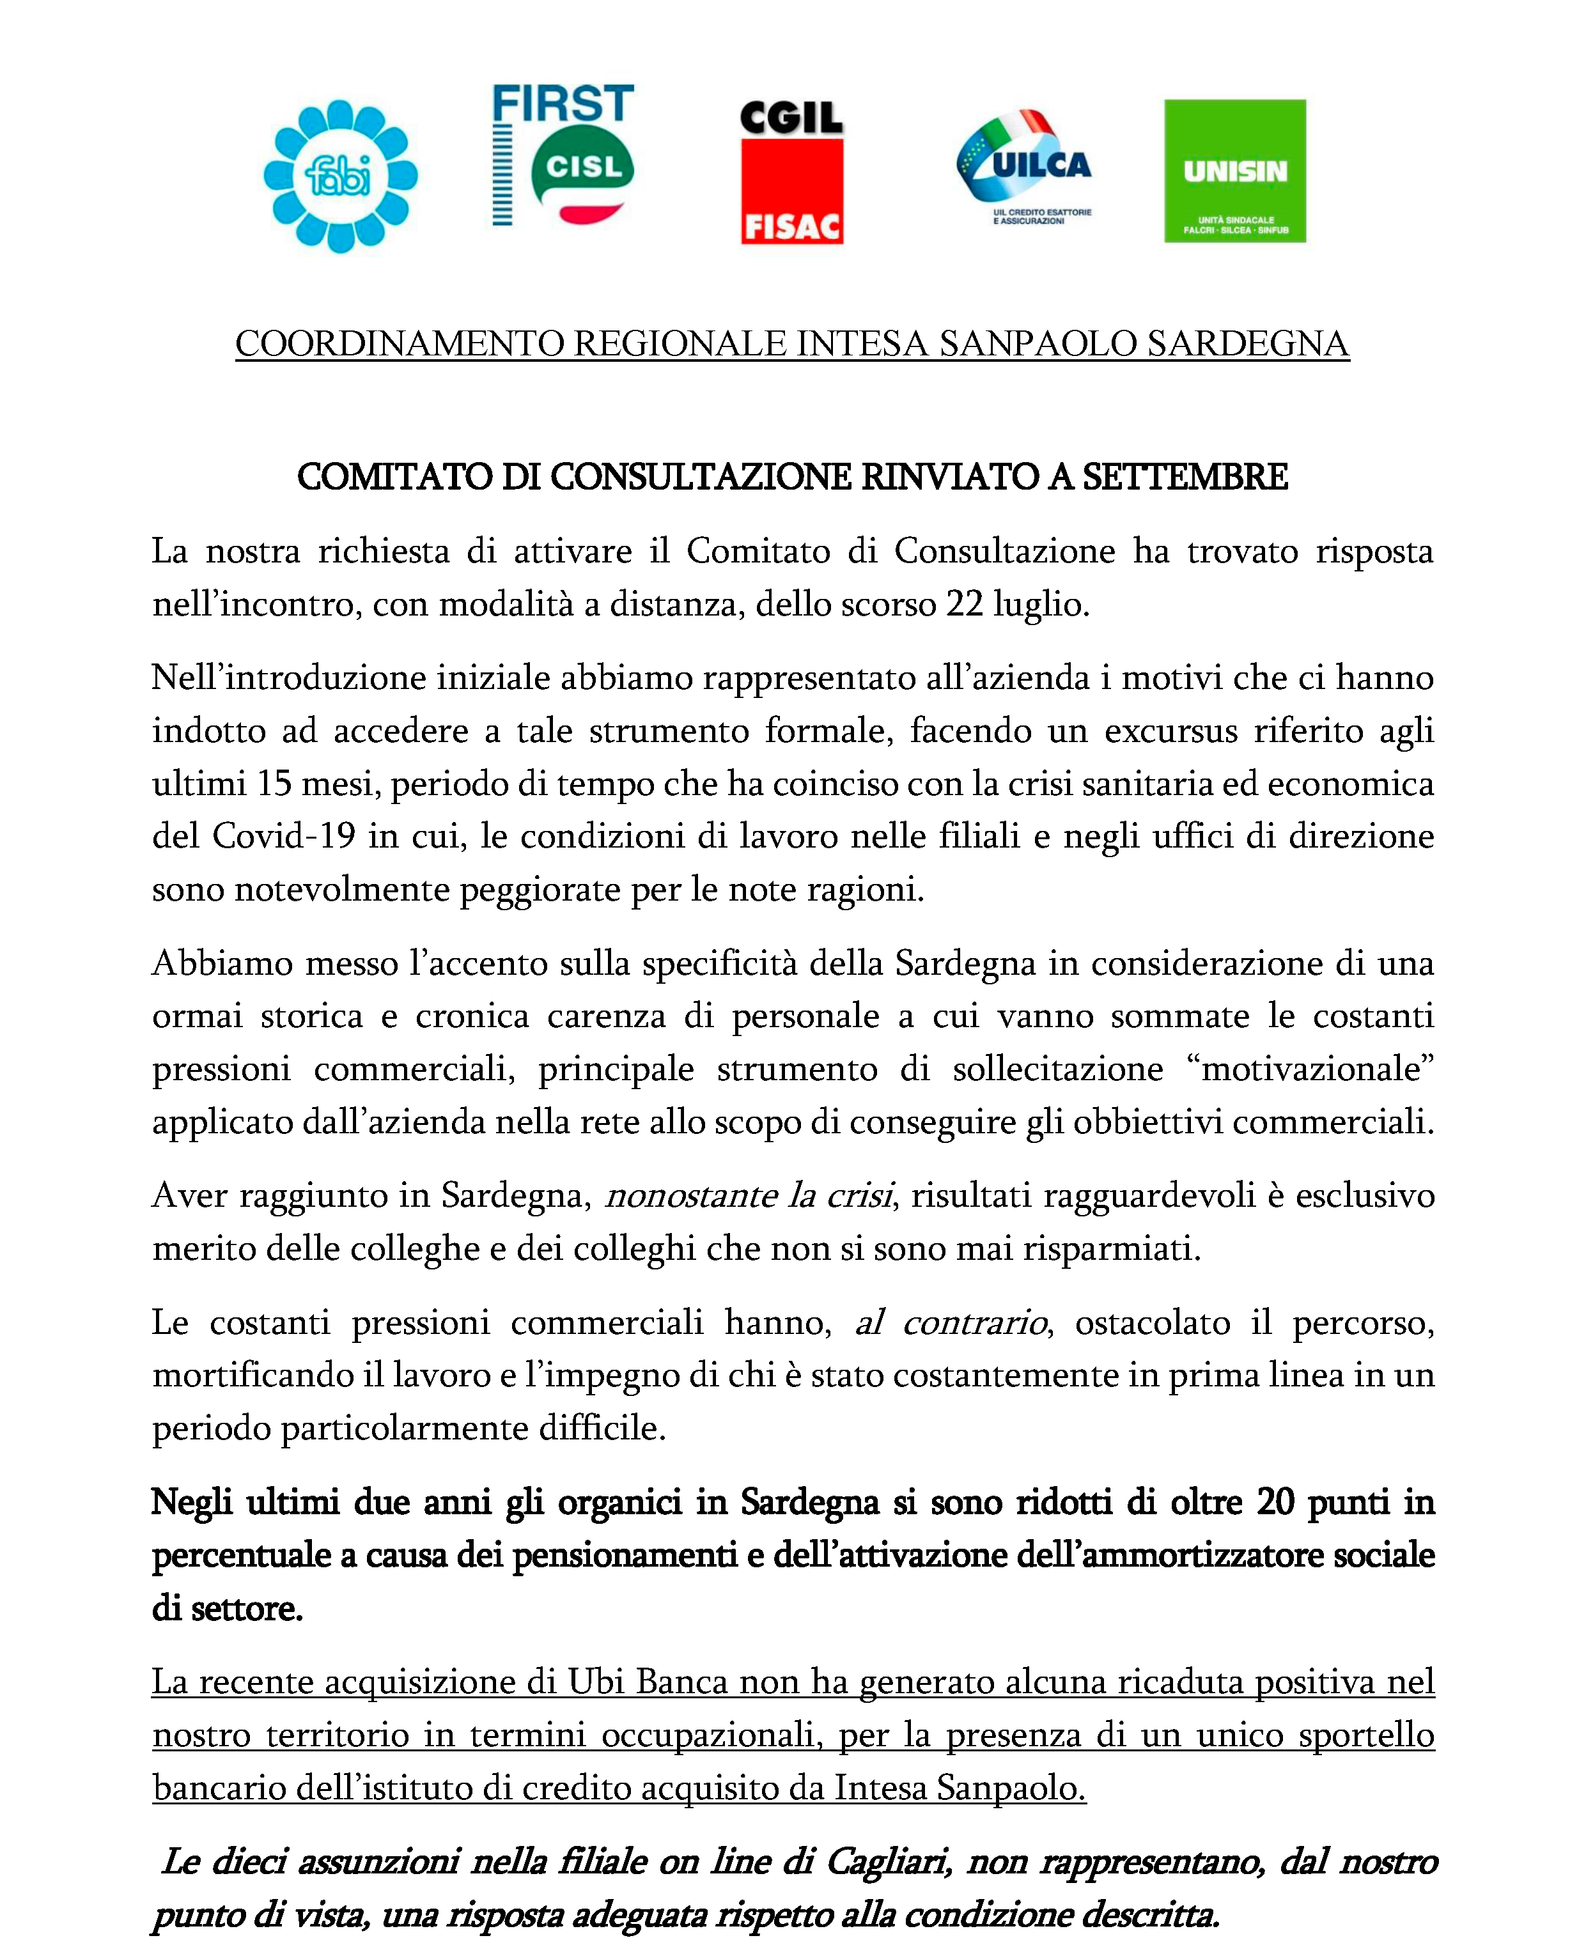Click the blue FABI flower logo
pyautogui.click(x=340, y=175)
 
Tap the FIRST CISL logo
pyautogui.click(x=563, y=155)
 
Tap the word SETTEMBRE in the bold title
pyautogui.click(x=1185, y=477)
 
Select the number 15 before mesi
pyautogui.click(x=274, y=784)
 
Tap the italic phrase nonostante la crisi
pyautogui.click(x=749, y=1195)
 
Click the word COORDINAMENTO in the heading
pyautogui.click(x=400, y=345)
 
